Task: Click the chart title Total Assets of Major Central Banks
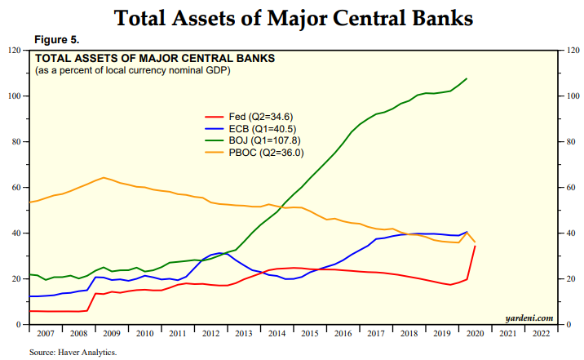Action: click(291, 17)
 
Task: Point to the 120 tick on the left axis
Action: click(14, 51)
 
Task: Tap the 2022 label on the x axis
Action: click(540, 334)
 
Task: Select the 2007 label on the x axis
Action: click(45, 334)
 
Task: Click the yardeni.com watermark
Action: click(529, 318)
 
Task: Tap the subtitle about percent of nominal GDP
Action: click(132, 71)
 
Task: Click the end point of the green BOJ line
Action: click(467, 78)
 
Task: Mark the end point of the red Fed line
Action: click(476, 246)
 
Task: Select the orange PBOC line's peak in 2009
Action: click(103, 177)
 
